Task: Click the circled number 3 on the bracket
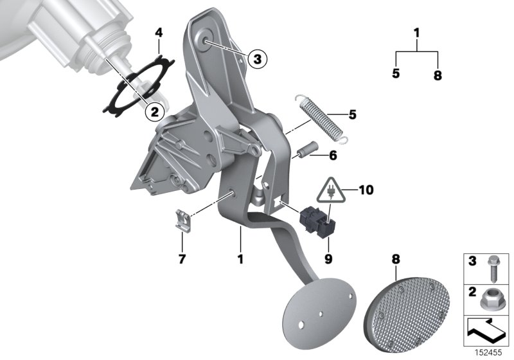(x=256, y=59)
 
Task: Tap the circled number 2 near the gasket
(x=154, y=111)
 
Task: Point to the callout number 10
(x=366, y=190)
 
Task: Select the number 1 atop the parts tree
(x=417, y=32)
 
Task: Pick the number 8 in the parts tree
(x=438, y=75)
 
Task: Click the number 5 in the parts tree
(x=396, y=73)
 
